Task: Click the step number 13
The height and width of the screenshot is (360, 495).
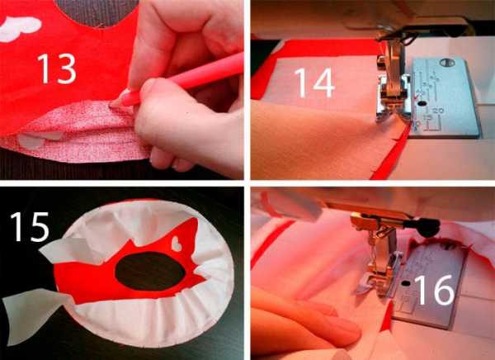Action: coord(57,69)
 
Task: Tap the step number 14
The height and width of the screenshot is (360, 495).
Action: coord(314,83)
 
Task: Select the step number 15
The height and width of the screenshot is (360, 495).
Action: coord(30,227)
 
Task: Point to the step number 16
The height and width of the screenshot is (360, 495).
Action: coord(434,290)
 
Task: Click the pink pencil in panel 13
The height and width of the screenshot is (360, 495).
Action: coord(177,82)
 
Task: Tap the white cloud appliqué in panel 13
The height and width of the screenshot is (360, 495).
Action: coord(20,28)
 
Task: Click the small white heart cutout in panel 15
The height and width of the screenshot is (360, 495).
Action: coord(177,244)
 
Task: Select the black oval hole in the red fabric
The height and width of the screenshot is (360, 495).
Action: coord(150,271)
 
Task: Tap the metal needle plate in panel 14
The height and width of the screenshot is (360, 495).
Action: coord(445,97)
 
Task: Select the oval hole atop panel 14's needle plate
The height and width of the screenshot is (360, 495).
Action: coord(447,63)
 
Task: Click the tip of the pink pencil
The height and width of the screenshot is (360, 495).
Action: coord(111,105)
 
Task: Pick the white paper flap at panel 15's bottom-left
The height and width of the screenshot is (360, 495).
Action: coord(33,315)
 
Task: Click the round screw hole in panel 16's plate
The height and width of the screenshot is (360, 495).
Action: coord(406,283)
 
